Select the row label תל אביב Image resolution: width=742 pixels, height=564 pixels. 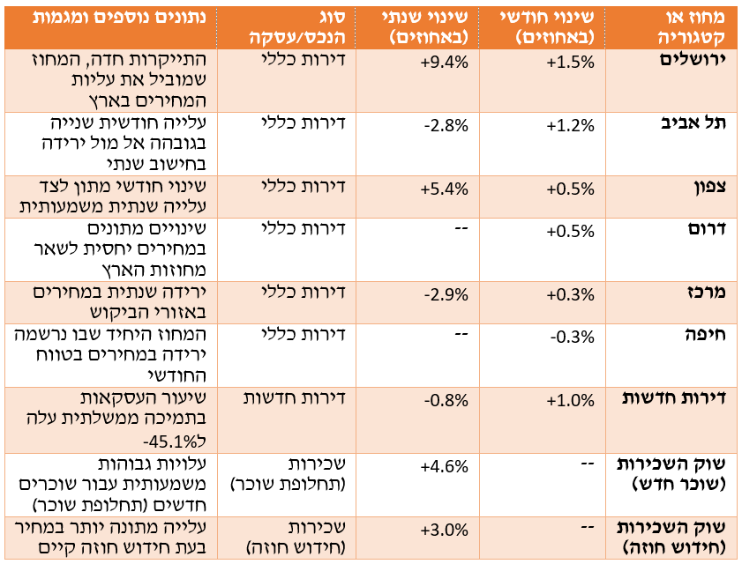click(x=698, y=123)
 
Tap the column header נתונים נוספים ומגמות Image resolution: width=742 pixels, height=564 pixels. click(x=114, y=17)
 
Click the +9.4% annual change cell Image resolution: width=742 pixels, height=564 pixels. click(x=446, y=61)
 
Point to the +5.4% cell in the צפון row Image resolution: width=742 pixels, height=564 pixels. click(x=446, y=187)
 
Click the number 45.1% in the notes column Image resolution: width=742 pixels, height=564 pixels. click(x=169, y=440)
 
